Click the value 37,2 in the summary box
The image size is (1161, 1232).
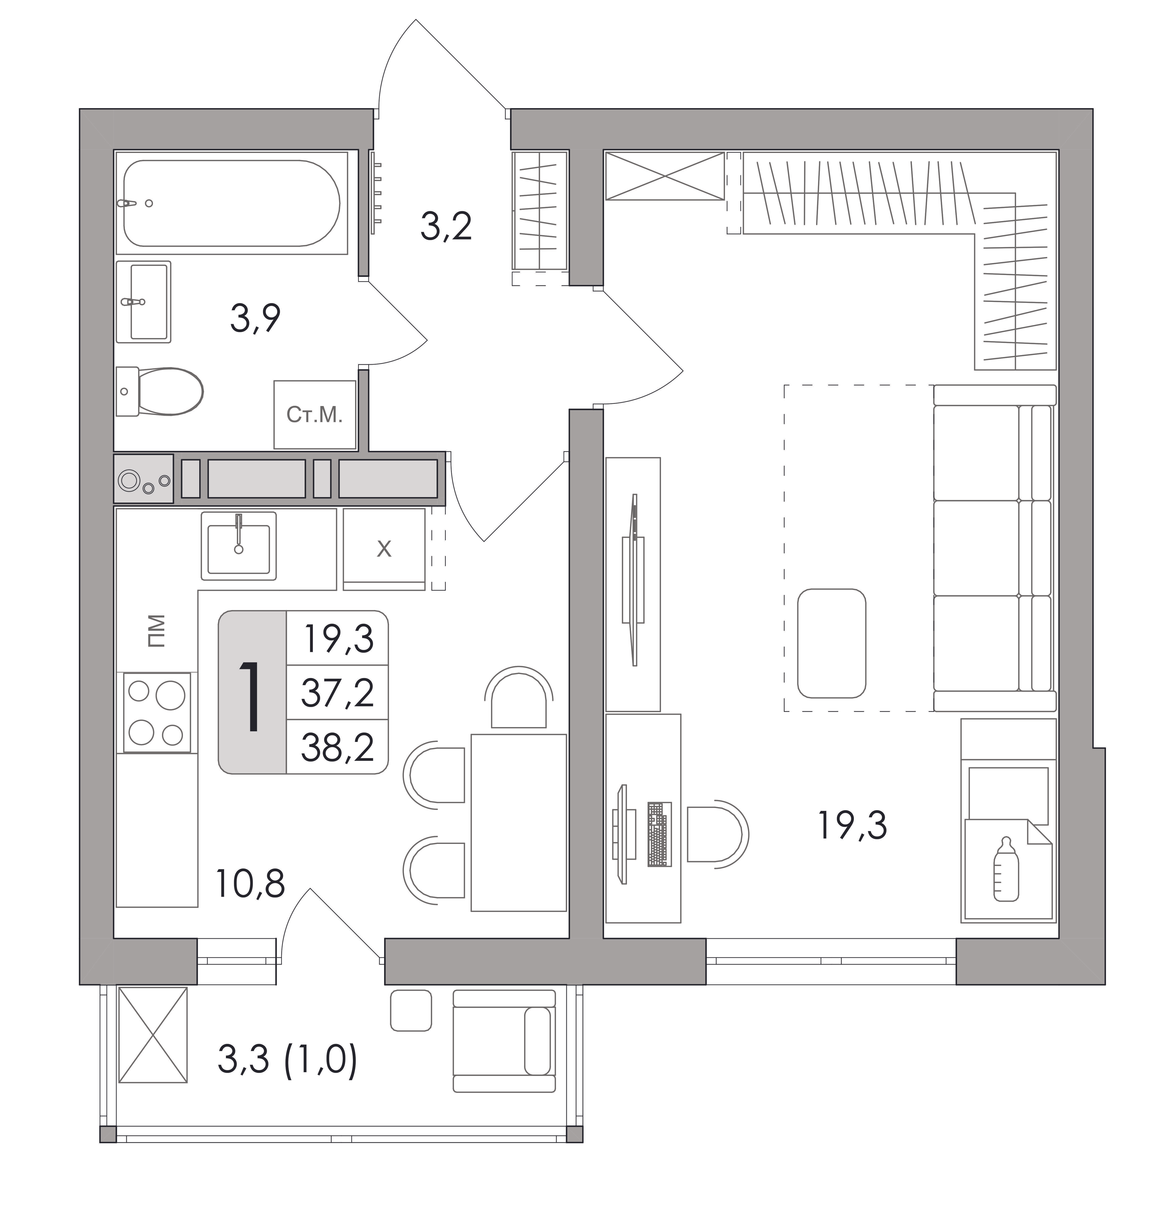[x=338, y=693]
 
